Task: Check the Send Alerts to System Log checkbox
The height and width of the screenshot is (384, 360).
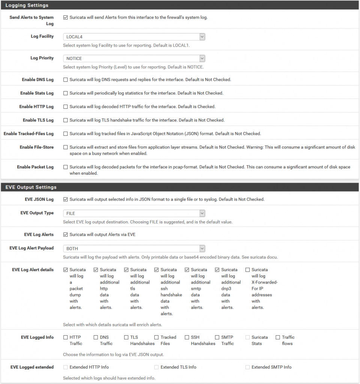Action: pyautogui.click(x=66, y=18)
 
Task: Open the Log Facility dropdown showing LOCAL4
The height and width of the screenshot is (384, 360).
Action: pyautogui.click(x=134, y=37)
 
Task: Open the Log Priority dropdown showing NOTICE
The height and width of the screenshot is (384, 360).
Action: pyautogui.click(x=134, y=58)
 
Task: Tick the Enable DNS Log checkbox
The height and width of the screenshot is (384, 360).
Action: pyautogui.click(x=66, y=80)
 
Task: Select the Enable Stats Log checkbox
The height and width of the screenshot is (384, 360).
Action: pyautogui.click(x=66, y=93)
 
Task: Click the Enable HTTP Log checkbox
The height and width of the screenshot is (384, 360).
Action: pyautogui.click(x=66, y=107)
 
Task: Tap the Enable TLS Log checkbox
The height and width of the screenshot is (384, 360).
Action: pyautogui.click(x=66, y=120)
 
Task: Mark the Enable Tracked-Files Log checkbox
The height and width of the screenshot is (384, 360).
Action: pyautogui.click(x=66, y=134)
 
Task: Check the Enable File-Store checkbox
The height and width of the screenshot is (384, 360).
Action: pyautogui.click(x=66, y=147)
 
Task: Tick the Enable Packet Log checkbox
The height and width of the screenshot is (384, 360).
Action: pyautogui.click(x=66, y=167)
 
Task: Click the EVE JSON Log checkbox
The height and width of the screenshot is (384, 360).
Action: pyautogui.click(x=66, y=199)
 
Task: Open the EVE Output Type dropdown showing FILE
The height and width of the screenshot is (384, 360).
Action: pyautogui.click(x=134, y=213)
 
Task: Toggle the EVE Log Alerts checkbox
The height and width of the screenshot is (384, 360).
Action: pyautogui.click(x=66, y=235)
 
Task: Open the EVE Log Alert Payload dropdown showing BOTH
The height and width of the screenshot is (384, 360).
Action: pyautogui.click(x=134, y=249)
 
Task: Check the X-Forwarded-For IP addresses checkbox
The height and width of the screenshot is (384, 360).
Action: pyautogui.click(x=248, y=270)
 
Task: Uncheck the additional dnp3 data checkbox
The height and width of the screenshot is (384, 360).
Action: pyautogui.click(x=217, y=270)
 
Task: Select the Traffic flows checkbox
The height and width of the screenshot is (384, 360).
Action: pyautogui.click(x=278, y=337)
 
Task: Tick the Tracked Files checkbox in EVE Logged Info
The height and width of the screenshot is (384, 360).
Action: pyautogui.click(x=157, y=337)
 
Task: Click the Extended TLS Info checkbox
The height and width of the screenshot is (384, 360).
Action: pyautogui.click(x=157, y=367)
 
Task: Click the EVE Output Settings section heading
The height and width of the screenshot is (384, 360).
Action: pyautogui.click(x=31, y=187)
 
